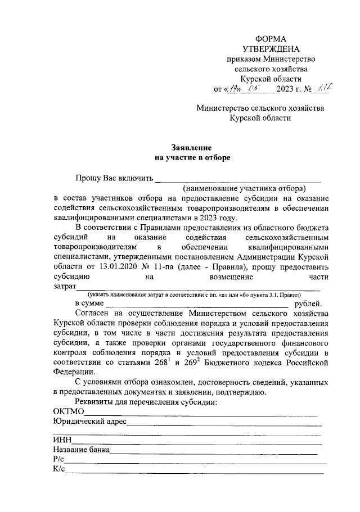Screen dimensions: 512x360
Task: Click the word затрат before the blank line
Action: [64, 287]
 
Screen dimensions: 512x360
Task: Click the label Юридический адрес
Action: [89, 422]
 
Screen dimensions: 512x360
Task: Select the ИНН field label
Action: [61, 440]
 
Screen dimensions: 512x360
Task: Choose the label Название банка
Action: [80, 450]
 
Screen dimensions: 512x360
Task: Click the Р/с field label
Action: [58, 459]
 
